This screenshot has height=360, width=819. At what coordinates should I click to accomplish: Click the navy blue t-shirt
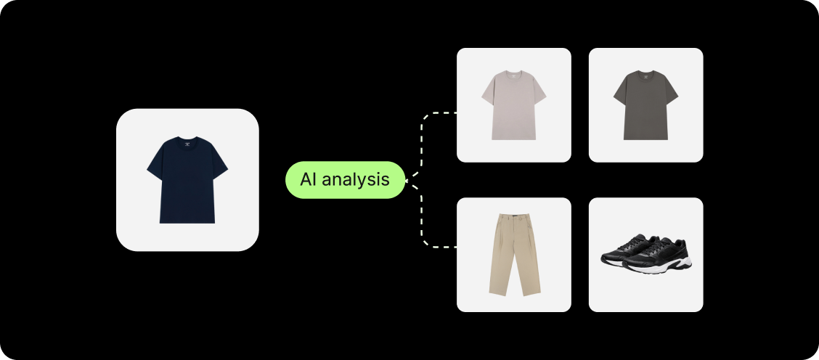pyautogui.click(x=187, y=181)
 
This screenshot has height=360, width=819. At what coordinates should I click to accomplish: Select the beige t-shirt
pyautogui.click(x=513, y=107)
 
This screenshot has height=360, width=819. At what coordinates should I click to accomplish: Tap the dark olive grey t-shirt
pyautogui.click(x=645, y=107)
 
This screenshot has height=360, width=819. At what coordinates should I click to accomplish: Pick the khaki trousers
pyautogui.click(x=513, y=254)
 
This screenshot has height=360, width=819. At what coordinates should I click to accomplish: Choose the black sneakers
pyautogui.click(x=645, y=255)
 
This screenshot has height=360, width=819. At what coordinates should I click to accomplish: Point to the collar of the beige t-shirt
pyautogui.click(x=513, y=73)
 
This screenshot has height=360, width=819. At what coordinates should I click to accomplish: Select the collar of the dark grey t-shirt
pyautogui.click(x=645, y=73)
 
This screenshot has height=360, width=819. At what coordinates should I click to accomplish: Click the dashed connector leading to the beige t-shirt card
pyautogui.click(x=423, y=138)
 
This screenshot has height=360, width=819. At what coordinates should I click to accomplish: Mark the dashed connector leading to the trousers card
pyautogui.click(x=423, y=225)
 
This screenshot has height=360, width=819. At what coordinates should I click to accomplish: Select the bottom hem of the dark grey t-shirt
pyautogui.click(x=645, y=137)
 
